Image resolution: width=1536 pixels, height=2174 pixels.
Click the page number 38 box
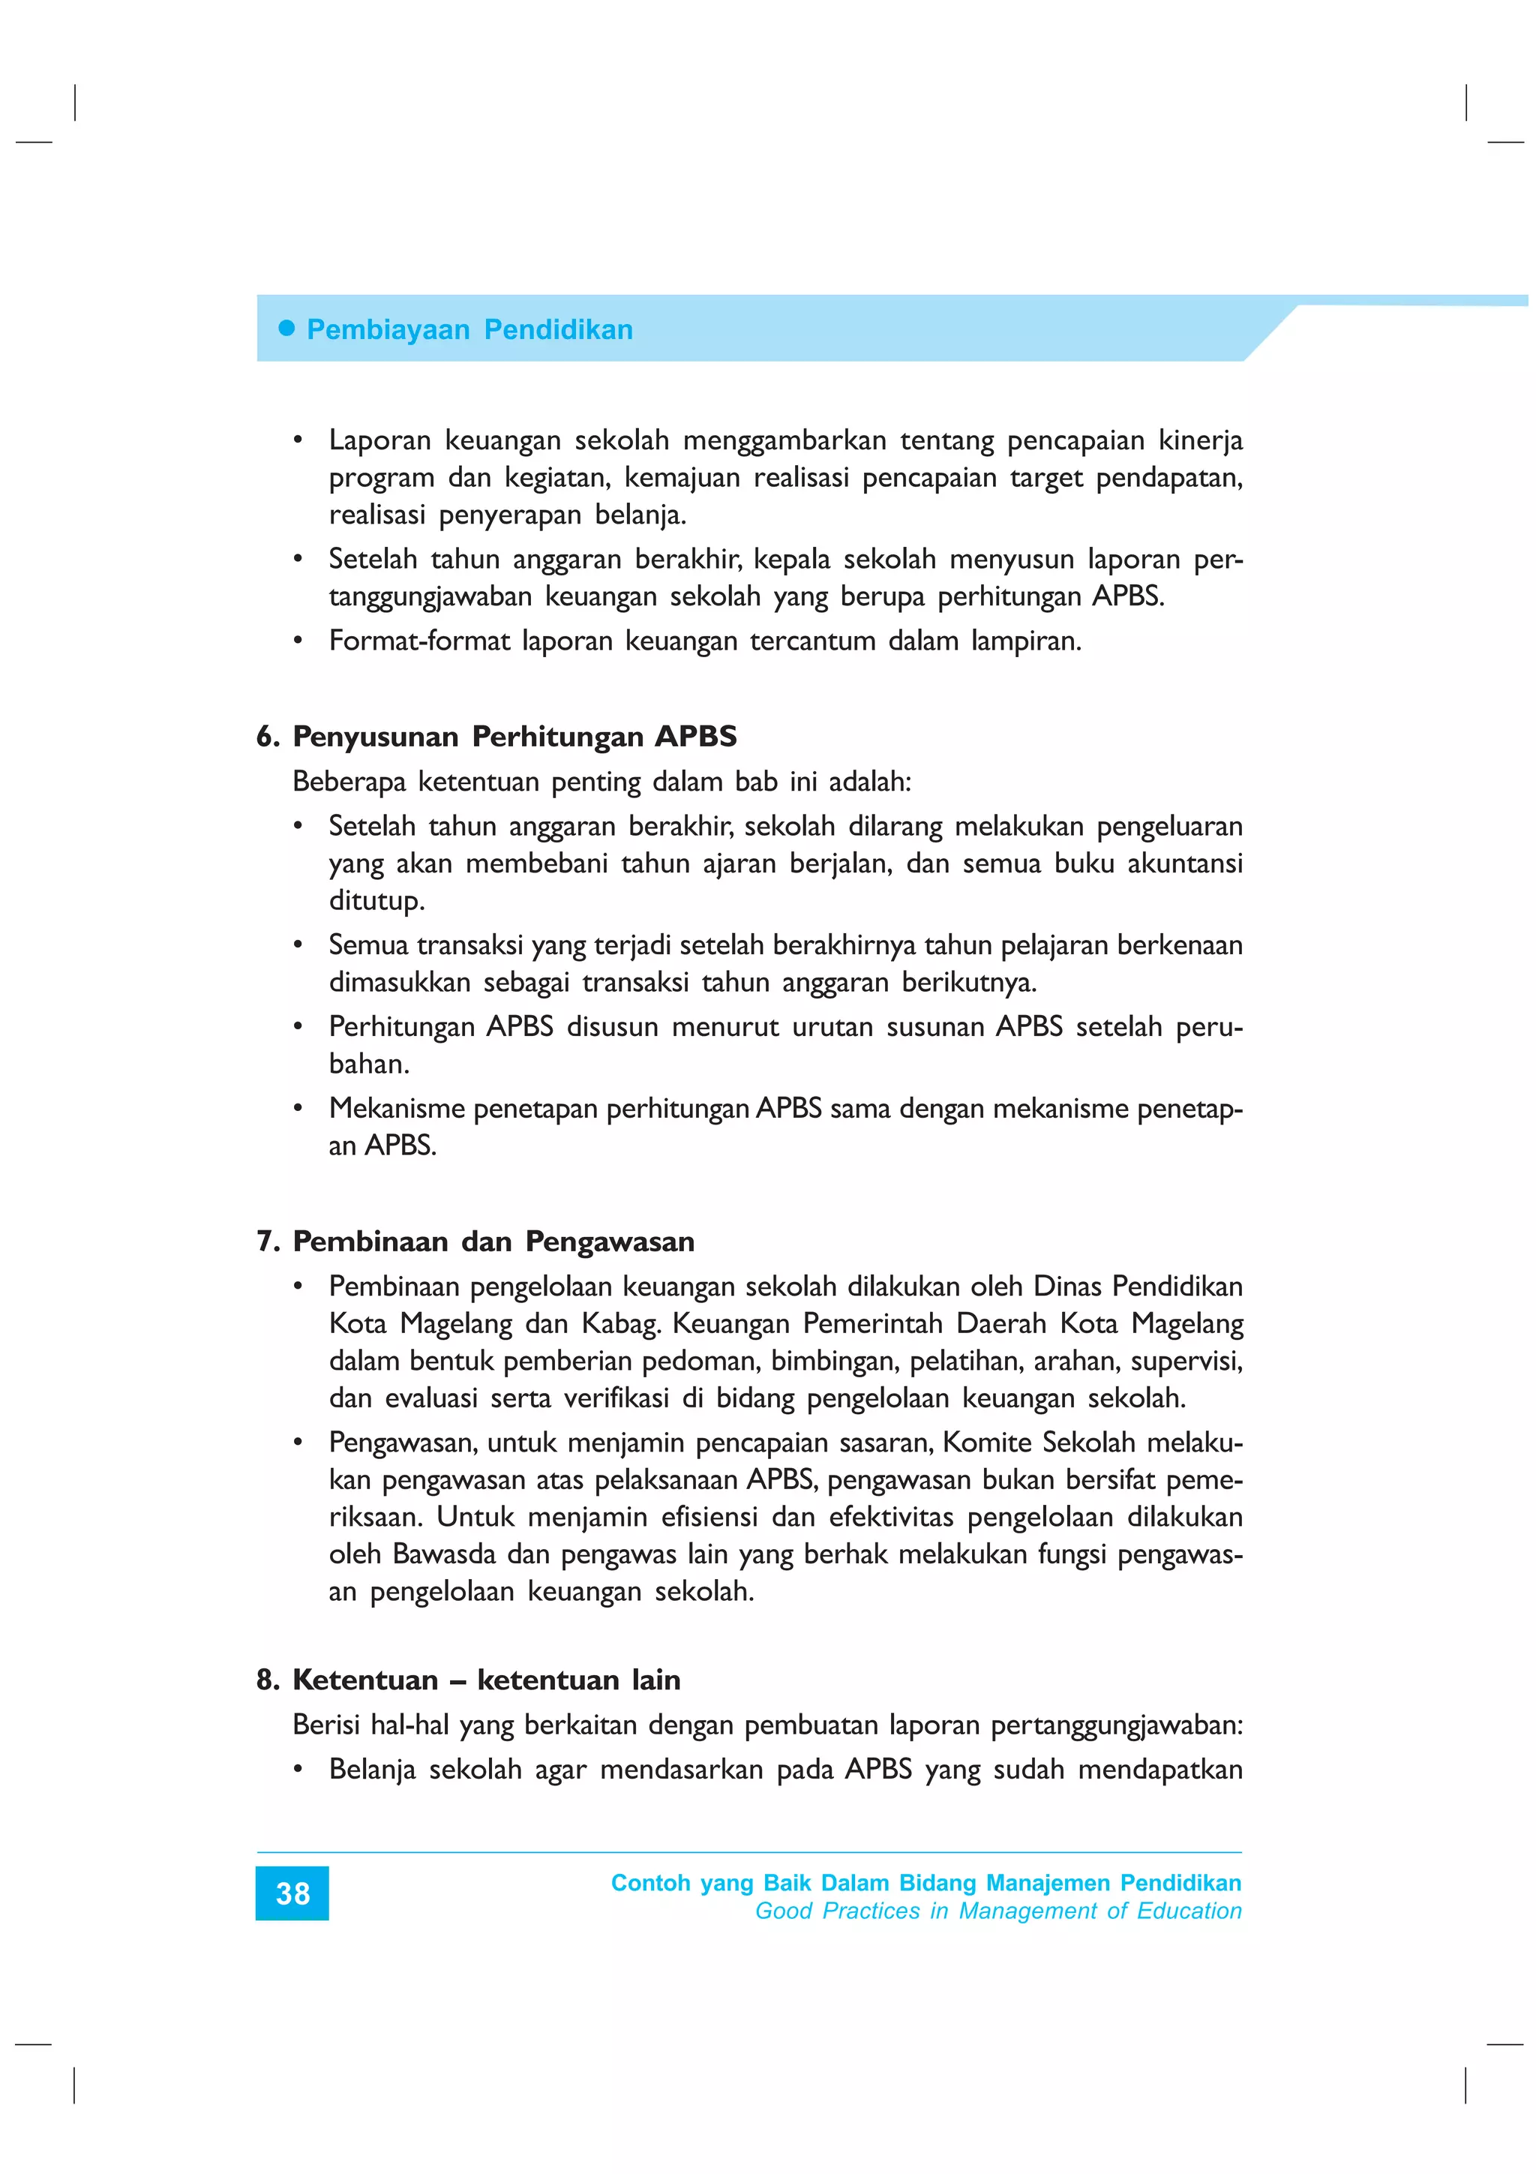tap(292, 1893)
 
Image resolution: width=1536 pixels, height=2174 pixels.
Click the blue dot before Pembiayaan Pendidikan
tap(286, 329)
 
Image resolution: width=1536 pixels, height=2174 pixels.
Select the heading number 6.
tap(267, 737)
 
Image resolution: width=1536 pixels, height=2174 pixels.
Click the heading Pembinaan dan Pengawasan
tap(493, 1242)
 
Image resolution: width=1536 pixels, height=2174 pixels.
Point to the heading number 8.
tap(267, 1680)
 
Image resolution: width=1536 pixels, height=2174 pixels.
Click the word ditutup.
tap(376, 900)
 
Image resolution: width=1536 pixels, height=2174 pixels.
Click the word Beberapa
tap(349, 782)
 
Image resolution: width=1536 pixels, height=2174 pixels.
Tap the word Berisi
tap(325, 1725)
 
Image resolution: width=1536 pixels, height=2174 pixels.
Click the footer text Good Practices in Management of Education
tap(997, 1911)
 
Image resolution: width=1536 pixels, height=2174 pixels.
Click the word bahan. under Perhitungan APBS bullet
tap(368, 1064)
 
